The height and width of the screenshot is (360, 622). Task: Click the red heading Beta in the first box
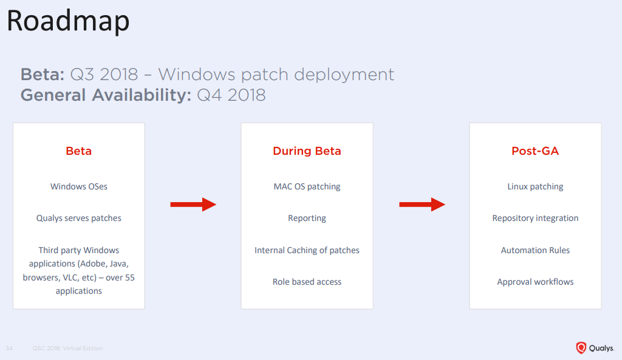click(x=78, y=151)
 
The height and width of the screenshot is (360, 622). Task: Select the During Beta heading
click(x=307, y=151)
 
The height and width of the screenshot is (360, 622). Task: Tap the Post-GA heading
click(x=535, y=151)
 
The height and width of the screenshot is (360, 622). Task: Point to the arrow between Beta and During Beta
click(x=193, y=205)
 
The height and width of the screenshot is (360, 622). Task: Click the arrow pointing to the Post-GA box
click(x=422, y=205)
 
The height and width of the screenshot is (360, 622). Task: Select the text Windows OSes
click(x=79, y=186)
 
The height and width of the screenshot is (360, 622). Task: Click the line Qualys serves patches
click(x=79, y=218)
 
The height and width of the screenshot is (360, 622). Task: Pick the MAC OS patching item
click(x=307, y=186)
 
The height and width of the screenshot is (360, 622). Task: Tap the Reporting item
click(x=307, y=218)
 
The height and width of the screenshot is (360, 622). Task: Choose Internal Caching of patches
click(x=307, y=250)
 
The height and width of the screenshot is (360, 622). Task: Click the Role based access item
click(x=307, y=282)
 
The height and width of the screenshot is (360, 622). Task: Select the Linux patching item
click(x=535, y=186)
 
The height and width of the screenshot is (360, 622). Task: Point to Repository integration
click(x=535, y=218)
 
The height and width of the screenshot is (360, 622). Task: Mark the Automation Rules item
click(x=535, y=250)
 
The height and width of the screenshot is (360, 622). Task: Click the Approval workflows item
click(x=535, y=282)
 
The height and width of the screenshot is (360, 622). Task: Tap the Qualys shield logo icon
click(x=581, y=348)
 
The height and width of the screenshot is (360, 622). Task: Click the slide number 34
click(x=9, y=348)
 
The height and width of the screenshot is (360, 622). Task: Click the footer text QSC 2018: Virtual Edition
click(x=67, y=348)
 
